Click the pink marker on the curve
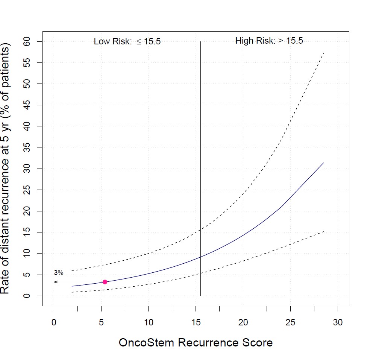coord(105,282)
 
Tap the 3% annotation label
coord(58,273)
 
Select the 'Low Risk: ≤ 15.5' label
coord(127,41)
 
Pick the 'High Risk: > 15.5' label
coord(269,41)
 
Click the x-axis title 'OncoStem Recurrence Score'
coord(196,343)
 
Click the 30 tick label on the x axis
coord(338,322)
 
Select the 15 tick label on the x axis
coord(196,322)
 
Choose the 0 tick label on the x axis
coord(54,322)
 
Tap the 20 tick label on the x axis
coord(243,322)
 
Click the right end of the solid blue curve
coord(323,163)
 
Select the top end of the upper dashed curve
coord(324,53)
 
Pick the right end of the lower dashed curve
coord(323,231)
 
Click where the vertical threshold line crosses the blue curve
coord(201,257)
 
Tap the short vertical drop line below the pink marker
coord(105,290)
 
